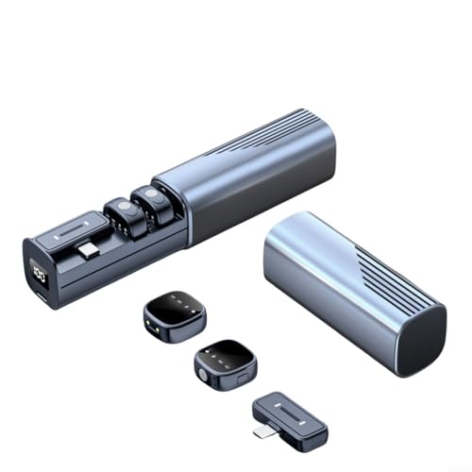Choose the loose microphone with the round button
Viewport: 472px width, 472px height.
[218, 359]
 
